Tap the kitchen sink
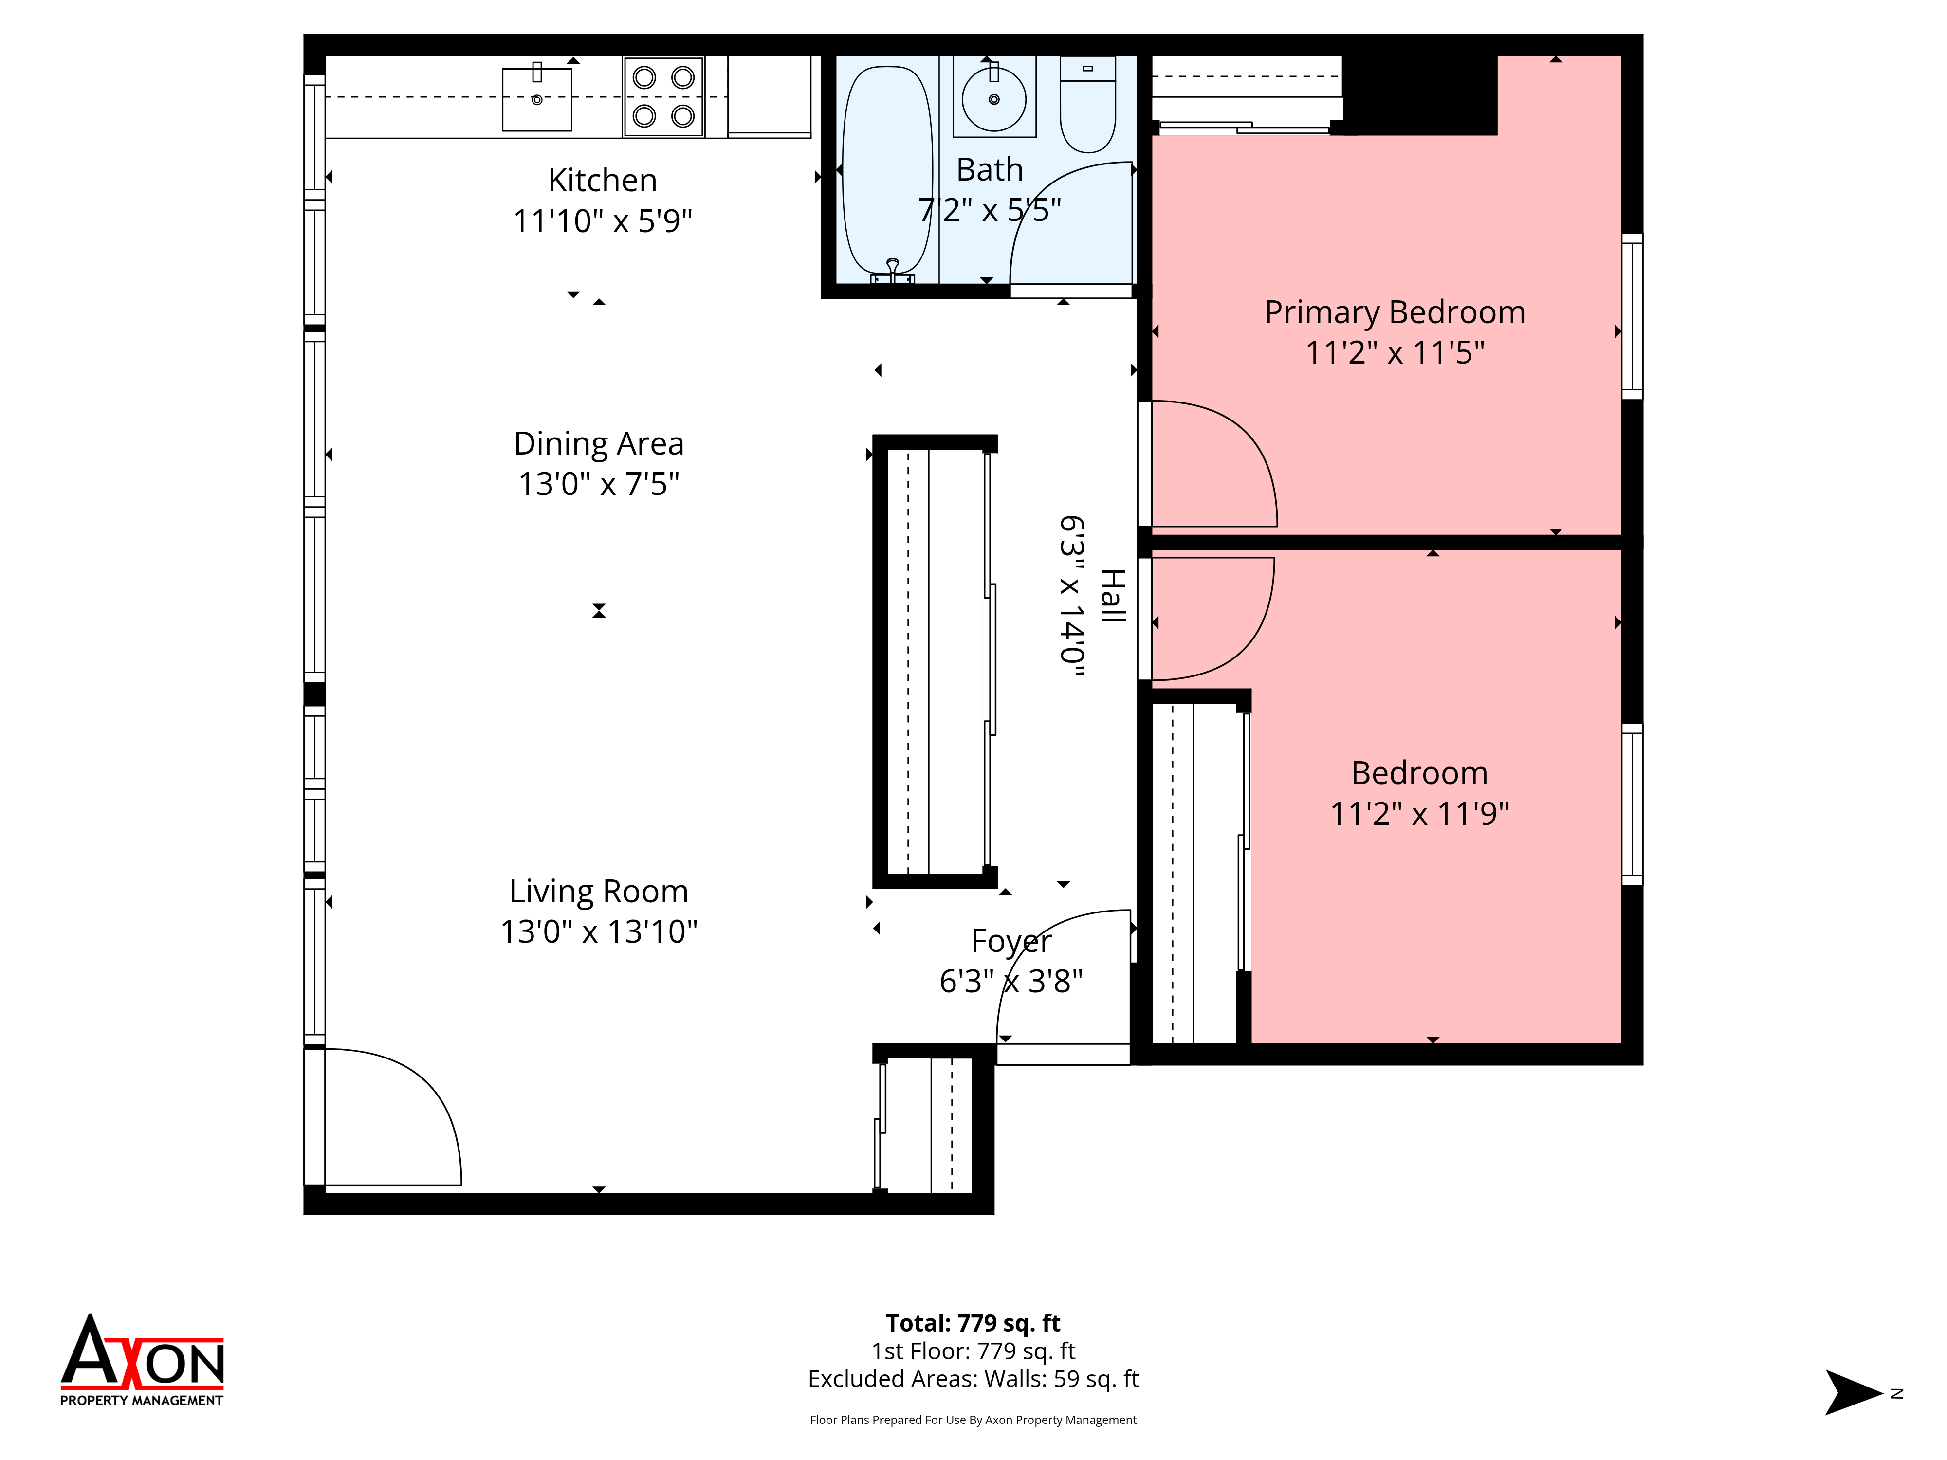click(x=537, y=99)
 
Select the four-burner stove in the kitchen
click(x=663, y=97)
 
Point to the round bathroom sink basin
click(x=994, y=99)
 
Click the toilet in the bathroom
click(x=1088, y=104)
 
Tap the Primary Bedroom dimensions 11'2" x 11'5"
click(x=1395, y=353)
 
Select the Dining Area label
click(x=599, y=443)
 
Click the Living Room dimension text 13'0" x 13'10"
click(x=599, y=931)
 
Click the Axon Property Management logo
click(x=142, y=1361)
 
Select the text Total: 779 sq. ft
click(x=973, y=1323)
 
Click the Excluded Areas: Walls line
click(x=973, y=1379)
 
